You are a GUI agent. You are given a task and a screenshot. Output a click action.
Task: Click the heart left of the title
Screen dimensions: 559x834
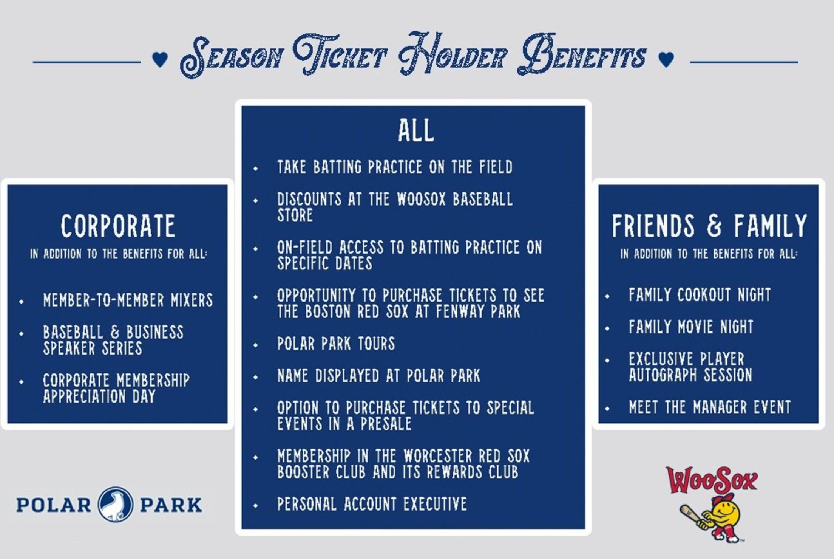tap(160, 60)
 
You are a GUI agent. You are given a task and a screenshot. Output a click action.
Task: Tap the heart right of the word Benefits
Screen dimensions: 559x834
tap(666, 60)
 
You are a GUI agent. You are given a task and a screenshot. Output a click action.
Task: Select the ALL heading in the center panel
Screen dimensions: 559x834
tap(416, 131)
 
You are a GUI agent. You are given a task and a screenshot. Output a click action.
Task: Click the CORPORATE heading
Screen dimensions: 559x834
tap(118, 226)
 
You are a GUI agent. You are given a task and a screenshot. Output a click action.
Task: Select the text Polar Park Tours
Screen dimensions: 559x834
tap(336, 344)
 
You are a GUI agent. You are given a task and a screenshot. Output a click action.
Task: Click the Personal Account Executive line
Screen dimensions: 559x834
tap(372, 504)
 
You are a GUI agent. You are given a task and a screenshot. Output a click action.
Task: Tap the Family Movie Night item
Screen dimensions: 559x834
tap(691, 327)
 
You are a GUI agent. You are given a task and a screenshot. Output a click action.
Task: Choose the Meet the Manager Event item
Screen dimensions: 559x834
tap(709, 407)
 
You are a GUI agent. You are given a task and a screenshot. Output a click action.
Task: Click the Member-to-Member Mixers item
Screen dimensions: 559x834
tap(128, 300)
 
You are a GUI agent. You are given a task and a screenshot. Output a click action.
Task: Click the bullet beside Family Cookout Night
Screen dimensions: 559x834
tap(607, 296)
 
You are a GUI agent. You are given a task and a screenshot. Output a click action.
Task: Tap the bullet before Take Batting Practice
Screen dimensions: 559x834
tap(256, 169)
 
